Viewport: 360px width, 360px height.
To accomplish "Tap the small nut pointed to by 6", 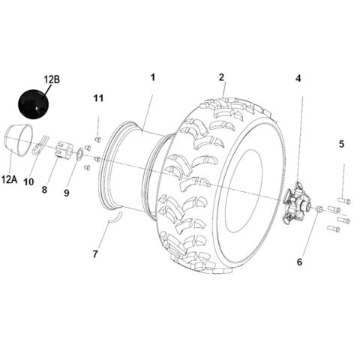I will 319,208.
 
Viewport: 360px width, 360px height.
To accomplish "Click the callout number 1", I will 152,77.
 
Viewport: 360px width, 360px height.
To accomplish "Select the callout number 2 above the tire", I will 221,77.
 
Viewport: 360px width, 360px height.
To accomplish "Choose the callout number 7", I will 95,254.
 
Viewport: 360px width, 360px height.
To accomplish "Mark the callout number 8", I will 44,190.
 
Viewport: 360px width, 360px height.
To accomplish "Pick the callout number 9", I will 66,193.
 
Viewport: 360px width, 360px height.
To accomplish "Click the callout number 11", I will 99,98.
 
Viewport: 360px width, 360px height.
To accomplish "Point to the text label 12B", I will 52,77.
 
